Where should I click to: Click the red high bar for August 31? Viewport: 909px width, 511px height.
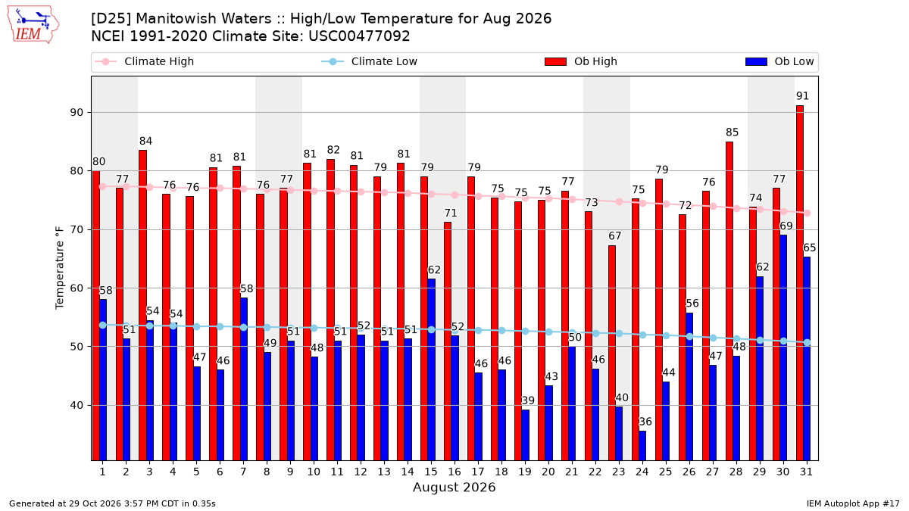point(799,283)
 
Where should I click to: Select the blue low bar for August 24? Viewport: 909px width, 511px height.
point(642,446)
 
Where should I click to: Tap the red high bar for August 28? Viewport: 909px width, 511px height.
point(729,301)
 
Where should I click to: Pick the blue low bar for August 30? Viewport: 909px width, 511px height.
point(782,347)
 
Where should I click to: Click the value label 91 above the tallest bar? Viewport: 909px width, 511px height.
point(802,96)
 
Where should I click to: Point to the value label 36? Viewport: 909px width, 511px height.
point(645,422)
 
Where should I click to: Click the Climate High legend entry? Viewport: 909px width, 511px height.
point(145,61)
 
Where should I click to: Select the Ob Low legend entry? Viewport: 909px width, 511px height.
point(779,61)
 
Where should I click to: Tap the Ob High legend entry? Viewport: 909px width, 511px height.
point(581,61)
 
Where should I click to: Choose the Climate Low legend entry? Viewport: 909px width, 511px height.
point(370,61)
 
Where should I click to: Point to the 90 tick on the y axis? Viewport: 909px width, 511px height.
point(77,112)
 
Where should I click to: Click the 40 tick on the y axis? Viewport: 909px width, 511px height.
point(77,405)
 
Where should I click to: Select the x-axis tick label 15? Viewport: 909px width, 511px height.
point(431,472)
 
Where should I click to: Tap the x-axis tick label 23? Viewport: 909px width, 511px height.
point(618,472)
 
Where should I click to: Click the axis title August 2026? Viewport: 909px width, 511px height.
point(454,487)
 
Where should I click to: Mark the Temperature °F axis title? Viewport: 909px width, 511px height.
point(60,268)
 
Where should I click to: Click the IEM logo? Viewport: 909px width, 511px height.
point(33,25)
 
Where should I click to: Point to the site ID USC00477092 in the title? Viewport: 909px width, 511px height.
point(359,36)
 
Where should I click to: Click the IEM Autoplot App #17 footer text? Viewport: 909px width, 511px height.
point(853,503)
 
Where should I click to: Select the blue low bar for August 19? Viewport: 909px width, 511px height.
point(525,435)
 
